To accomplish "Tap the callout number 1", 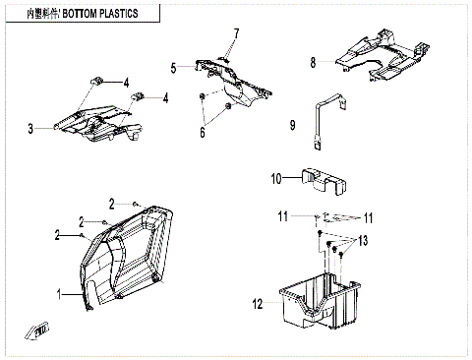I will tap(58, 294).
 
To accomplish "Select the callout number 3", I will tap(30, 128).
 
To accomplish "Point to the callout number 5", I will tap(173, 68).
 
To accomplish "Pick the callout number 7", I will tap(236, 33).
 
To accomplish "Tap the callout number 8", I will tap(314, 62).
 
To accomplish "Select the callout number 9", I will tap(292, 125).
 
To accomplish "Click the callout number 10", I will tap(276, 178).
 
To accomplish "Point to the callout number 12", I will tap(258, 305).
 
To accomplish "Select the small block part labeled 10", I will tap(324, 179).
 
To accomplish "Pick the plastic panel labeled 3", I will tap(93, 123).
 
